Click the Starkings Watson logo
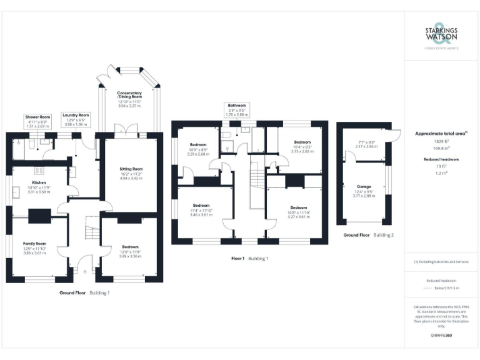coord(441,36)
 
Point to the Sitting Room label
coord(131,172)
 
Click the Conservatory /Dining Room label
coord(130,100)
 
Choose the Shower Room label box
coord(37,121)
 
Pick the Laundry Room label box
coord(76,119)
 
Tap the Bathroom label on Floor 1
coord(237,110)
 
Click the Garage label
coord(364,189)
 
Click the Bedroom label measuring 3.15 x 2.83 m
coord(302,146)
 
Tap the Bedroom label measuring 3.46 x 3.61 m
coord(201,209)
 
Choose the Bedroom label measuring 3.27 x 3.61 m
coord(298,211)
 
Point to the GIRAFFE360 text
coord(441,336)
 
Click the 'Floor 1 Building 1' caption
coord(249,257)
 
